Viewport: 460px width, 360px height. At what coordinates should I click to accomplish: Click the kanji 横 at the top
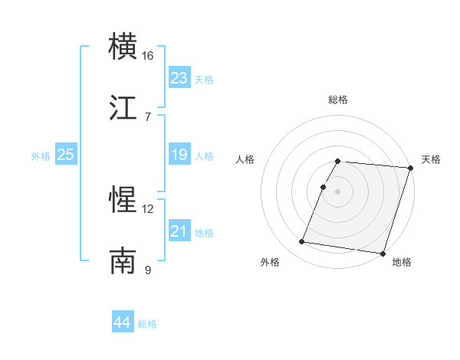(x=123, y=47)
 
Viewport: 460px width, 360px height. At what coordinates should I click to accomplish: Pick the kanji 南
(x=123, y=260)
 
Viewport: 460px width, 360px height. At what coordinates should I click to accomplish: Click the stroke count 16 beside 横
(x=148, y=56)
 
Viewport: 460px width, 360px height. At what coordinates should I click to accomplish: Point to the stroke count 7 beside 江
(x=148, y=116)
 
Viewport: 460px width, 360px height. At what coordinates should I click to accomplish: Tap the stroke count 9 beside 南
(x=148, y=270)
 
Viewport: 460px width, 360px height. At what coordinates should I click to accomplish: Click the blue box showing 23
(x=179, y=78)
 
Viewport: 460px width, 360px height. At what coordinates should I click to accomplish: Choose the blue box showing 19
(x=179, y=155)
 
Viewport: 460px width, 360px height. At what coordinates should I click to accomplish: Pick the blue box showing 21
(x=179, y=231)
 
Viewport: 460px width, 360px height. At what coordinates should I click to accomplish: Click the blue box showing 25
(x=66, y=155)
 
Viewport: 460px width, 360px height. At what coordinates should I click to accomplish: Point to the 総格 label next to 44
(x=148, y=324)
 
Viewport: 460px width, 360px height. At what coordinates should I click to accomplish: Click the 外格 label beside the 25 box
(x=41, y=156)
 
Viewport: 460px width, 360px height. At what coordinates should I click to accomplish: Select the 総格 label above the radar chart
(x=338, y=100)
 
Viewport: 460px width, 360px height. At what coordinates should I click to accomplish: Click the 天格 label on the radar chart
(x=431, y=159)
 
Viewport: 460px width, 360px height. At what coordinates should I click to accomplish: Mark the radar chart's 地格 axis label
(x=402, y=263)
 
